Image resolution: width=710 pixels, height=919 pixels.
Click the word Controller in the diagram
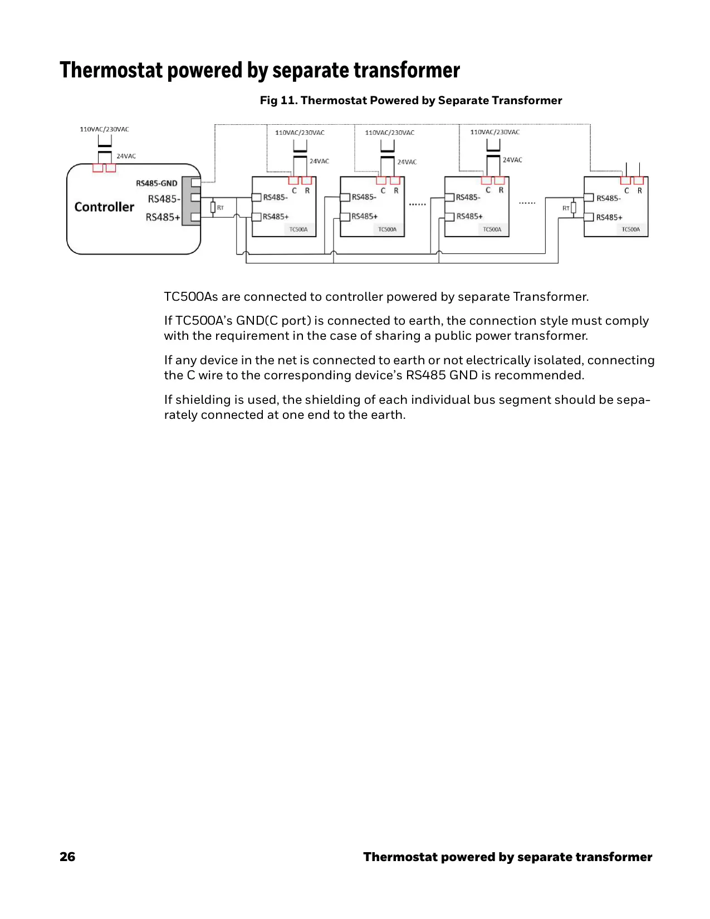104,207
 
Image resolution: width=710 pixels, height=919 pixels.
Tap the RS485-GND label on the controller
156,183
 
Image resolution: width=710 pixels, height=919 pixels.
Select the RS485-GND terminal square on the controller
195,183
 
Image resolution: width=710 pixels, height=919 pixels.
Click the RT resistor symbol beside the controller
213,208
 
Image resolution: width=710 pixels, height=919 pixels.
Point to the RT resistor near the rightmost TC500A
574,208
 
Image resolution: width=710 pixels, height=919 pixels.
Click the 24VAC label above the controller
126,156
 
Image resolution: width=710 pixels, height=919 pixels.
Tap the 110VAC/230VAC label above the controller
105,129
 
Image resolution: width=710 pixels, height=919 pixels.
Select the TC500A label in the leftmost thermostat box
298,229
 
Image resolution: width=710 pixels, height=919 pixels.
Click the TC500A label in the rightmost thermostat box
630,229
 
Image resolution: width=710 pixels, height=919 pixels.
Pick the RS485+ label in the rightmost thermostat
609,217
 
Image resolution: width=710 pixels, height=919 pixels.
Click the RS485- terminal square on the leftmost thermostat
256,198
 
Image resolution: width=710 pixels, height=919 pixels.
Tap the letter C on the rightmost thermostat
626,190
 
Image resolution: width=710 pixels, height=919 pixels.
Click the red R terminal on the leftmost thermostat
307,180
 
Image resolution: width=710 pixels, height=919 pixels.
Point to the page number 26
67,857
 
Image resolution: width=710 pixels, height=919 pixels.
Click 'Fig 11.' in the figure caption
278,100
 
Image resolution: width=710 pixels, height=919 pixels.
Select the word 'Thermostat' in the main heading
111,70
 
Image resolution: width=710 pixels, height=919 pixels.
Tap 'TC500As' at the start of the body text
191,296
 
